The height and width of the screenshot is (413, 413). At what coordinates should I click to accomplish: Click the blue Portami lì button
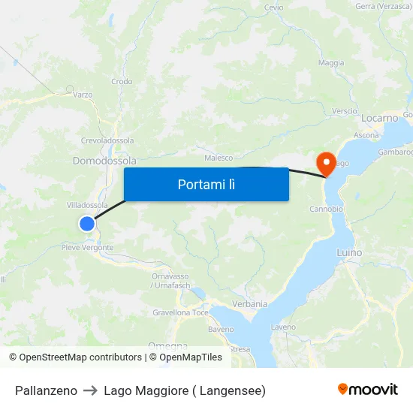tap(206, 184)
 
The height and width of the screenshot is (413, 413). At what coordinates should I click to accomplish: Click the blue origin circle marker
tap(87, 223)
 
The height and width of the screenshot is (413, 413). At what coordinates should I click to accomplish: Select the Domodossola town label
tap(104, 161)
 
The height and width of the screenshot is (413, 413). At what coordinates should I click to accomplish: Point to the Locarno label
tap(379, 118)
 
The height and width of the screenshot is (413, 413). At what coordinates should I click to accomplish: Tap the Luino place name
tap(349, 252)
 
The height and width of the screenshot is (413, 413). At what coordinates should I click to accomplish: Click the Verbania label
tap(251, 304)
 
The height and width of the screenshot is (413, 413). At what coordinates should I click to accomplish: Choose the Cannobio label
tap(326, 209)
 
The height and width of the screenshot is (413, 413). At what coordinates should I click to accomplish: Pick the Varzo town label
tap(83, 95)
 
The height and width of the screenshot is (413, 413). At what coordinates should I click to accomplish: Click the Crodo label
tap(122, 82)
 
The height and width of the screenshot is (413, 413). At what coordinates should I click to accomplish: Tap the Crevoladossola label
tap(107, 140)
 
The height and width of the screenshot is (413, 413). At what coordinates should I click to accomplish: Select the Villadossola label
tap(87, 205)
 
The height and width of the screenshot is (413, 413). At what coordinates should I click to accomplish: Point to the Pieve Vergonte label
tap(88, 248)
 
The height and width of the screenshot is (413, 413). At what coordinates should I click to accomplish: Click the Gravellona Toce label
tap(180, 312)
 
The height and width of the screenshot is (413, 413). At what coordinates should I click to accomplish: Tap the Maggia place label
tap(331, 63)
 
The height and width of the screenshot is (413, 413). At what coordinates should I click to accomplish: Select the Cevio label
tap(273, 8)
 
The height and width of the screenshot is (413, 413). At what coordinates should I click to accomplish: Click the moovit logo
tap(367, 389)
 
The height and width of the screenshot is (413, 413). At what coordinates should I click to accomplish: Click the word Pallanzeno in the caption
tap(46, 390)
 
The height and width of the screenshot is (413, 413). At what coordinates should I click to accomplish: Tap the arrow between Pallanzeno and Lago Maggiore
tap(90, 390)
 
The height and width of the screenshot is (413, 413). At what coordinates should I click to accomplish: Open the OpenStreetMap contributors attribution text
tap(80, 357)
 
